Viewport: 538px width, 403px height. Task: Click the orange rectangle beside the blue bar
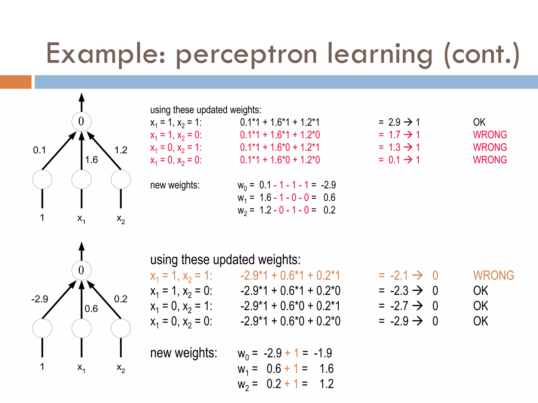15,82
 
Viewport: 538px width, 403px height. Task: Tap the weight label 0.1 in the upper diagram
39,150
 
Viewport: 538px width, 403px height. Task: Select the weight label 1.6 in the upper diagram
91,160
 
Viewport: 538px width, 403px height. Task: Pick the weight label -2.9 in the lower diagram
40,299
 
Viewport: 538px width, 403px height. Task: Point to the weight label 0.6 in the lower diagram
91,309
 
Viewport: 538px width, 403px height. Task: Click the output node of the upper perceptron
81,121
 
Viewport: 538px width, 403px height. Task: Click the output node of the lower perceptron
81,271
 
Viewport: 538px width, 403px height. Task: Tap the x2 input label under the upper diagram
121,219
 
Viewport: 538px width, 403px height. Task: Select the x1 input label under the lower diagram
81,368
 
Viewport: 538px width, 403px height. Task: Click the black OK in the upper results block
479,122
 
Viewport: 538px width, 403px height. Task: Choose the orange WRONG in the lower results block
493,275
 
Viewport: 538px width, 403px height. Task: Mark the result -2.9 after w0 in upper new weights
328,185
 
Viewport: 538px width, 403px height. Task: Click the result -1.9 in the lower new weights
323,353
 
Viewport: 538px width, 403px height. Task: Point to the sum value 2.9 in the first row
394,122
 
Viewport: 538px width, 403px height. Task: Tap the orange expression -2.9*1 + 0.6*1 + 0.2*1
290,275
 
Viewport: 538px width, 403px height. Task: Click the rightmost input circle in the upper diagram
121,179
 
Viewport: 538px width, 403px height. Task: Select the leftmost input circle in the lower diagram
42,328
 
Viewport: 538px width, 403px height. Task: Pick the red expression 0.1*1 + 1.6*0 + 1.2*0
280,160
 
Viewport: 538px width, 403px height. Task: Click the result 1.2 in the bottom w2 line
327,384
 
